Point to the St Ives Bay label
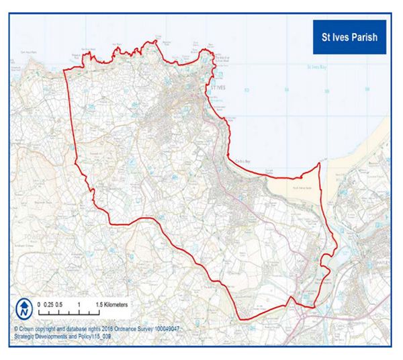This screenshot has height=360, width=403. point(316,67)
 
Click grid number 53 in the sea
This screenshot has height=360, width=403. point(247,89)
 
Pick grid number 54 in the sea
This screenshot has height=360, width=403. point(286,89)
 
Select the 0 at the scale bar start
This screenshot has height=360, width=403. point(40,304)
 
